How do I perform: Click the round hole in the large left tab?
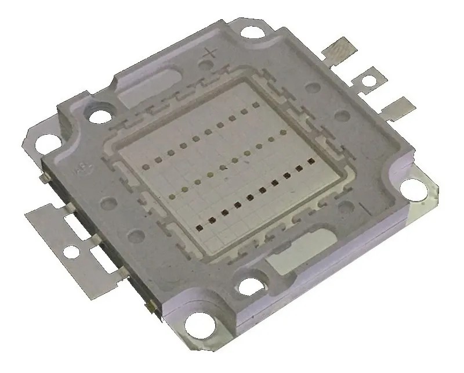[71, 251]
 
